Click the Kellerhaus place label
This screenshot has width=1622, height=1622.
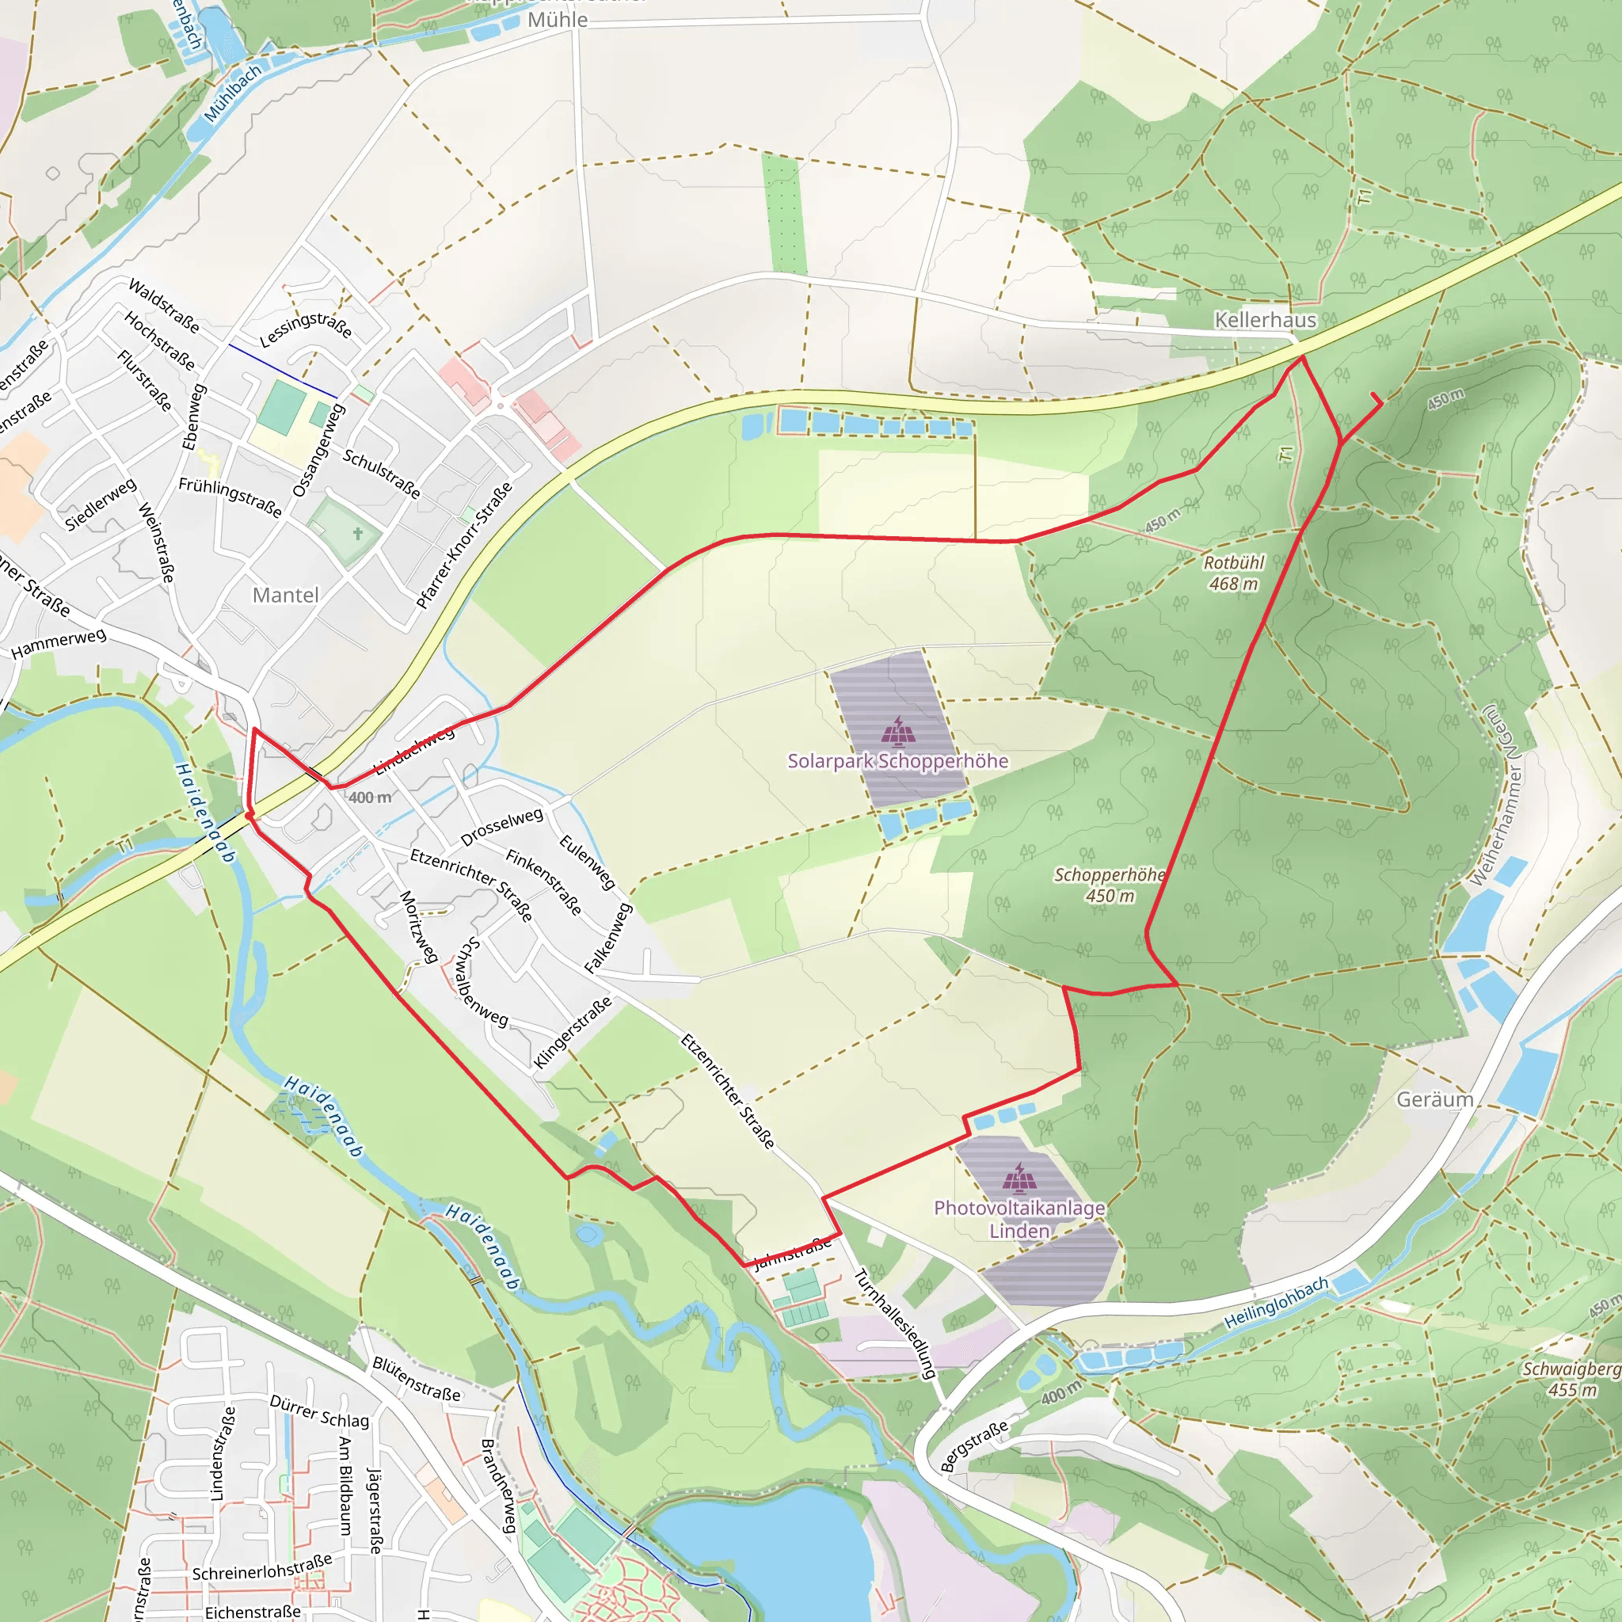click(1265, 320)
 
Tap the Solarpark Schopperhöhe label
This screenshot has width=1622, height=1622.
click(897, 760)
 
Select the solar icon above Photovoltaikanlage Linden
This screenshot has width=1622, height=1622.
click(1019, 1178)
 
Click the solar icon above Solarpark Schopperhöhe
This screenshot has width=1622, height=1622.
click(897, 731)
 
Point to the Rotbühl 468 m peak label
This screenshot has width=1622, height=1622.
click(1233, 573)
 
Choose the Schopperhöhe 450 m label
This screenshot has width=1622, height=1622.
click(1110, 885)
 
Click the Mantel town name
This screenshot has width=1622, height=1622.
click(285, 596)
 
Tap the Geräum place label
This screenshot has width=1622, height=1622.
click(1435, 1099)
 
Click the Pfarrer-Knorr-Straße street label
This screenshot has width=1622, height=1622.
click(464, 546)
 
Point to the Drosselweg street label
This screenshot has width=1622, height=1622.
click(502, 826)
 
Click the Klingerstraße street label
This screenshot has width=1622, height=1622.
click(573, 1033)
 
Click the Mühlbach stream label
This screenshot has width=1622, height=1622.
click(233, 93)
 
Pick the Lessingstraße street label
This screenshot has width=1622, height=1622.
click(306, 328)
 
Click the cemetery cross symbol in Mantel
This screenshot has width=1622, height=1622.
click(358, 534)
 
